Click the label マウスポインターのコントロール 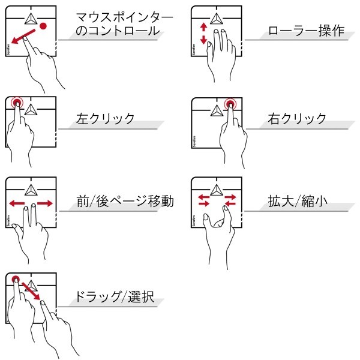click(x=124, y=25)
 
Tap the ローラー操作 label click(x=306, y=31)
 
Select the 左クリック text click(x=105, y=118)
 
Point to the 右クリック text click(x=297, y=118)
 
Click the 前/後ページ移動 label click(x=125, y=201)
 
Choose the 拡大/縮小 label click(x=298, y=201)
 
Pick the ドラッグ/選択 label click(x=115, y=296)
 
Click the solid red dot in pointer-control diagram click(x=43, y=26)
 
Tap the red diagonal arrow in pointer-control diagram click(x=23, y=36)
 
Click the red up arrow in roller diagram click(x=203, y=27)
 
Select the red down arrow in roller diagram click(x=203, y=40)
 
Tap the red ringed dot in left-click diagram click(x=17, y=103)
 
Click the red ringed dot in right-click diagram click(x=230, y=104)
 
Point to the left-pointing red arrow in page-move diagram click(x=17, y=203)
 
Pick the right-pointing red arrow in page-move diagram click(x=45, y=203)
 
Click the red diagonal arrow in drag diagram click(x=31, y=291)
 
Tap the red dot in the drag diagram click(x=16, y=280)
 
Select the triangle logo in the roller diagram click(x=216, y=19)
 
